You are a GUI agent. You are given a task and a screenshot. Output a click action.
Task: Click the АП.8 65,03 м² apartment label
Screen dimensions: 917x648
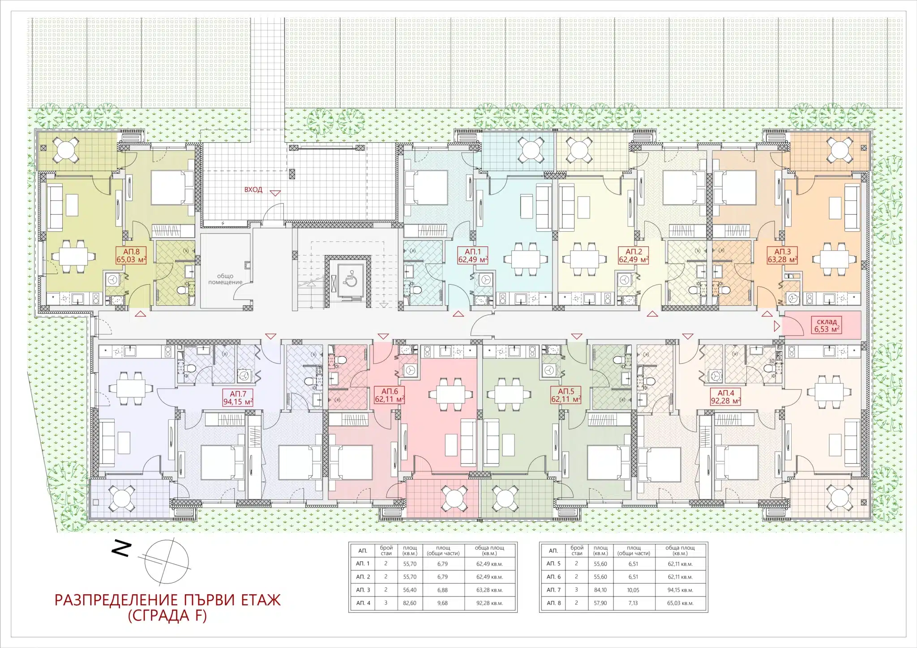coord(131,256)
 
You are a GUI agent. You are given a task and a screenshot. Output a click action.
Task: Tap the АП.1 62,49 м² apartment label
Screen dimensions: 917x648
coord(473,256)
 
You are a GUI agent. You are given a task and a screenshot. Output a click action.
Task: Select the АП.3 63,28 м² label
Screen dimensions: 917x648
coord(782,256)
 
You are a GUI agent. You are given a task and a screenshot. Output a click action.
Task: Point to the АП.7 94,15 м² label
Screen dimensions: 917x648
coord(238,398)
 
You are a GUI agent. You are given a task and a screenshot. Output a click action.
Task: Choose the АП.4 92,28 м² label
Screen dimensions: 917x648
coord(726,398)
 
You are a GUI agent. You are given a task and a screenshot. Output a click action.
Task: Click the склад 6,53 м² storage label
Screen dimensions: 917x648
coord(827,325)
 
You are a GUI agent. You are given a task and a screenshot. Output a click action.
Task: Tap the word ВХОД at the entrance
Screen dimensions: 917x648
coord(253,190)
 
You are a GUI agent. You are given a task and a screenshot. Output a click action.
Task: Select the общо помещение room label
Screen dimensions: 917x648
coord(225,279)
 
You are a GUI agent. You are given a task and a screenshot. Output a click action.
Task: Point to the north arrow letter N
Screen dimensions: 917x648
coord(121,549)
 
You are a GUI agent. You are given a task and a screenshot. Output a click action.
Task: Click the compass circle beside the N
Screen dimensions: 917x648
coord(167,563)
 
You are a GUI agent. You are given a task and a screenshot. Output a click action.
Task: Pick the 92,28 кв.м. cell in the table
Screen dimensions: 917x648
coord(489,603)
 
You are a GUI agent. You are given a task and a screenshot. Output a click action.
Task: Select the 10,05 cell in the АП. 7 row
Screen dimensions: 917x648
coord(634,590)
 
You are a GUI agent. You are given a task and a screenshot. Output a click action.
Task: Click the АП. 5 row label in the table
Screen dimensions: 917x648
coord(553,564)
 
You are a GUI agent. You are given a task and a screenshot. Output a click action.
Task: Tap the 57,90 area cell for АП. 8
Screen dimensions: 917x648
coord(600,603)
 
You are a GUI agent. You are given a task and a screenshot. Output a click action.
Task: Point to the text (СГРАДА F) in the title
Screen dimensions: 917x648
coord(167,616)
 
